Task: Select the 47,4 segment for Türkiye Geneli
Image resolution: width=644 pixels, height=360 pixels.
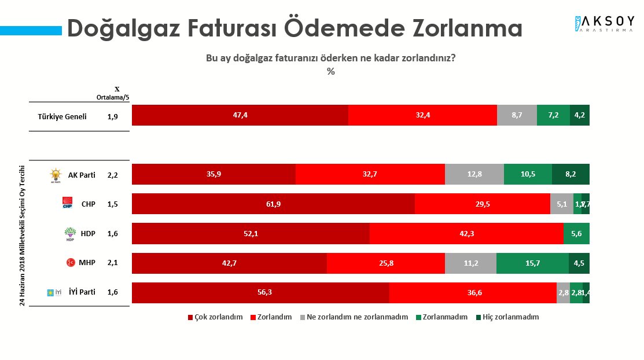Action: click(240, 115)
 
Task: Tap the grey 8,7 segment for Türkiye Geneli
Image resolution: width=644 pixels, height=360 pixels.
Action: click(517, 115)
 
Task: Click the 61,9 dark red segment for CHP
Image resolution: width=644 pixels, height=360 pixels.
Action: click(273, 204)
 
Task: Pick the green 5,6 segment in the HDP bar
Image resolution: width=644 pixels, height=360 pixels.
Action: click(576, 233)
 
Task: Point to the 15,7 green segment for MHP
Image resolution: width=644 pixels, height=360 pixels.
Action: click(532, 263)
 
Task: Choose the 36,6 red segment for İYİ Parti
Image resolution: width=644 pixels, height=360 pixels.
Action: click(473, 292)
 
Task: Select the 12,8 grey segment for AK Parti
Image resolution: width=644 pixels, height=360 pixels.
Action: click(474, 174)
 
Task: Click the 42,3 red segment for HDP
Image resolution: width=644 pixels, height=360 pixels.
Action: click(466, 233)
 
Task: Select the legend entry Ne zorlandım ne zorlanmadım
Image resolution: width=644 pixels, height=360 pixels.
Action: click(353, 317)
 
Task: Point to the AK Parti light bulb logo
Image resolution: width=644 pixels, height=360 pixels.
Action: click(56, 175)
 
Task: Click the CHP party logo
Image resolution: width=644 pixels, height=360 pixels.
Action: click(67, 204)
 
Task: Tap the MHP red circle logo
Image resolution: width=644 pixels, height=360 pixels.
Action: click(70, 263)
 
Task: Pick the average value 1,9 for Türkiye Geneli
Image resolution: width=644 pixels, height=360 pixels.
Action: click(112, 116)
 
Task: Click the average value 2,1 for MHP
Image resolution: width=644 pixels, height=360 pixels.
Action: click(112, 263)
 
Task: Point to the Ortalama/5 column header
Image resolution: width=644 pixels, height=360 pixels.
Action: click(112, 97)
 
